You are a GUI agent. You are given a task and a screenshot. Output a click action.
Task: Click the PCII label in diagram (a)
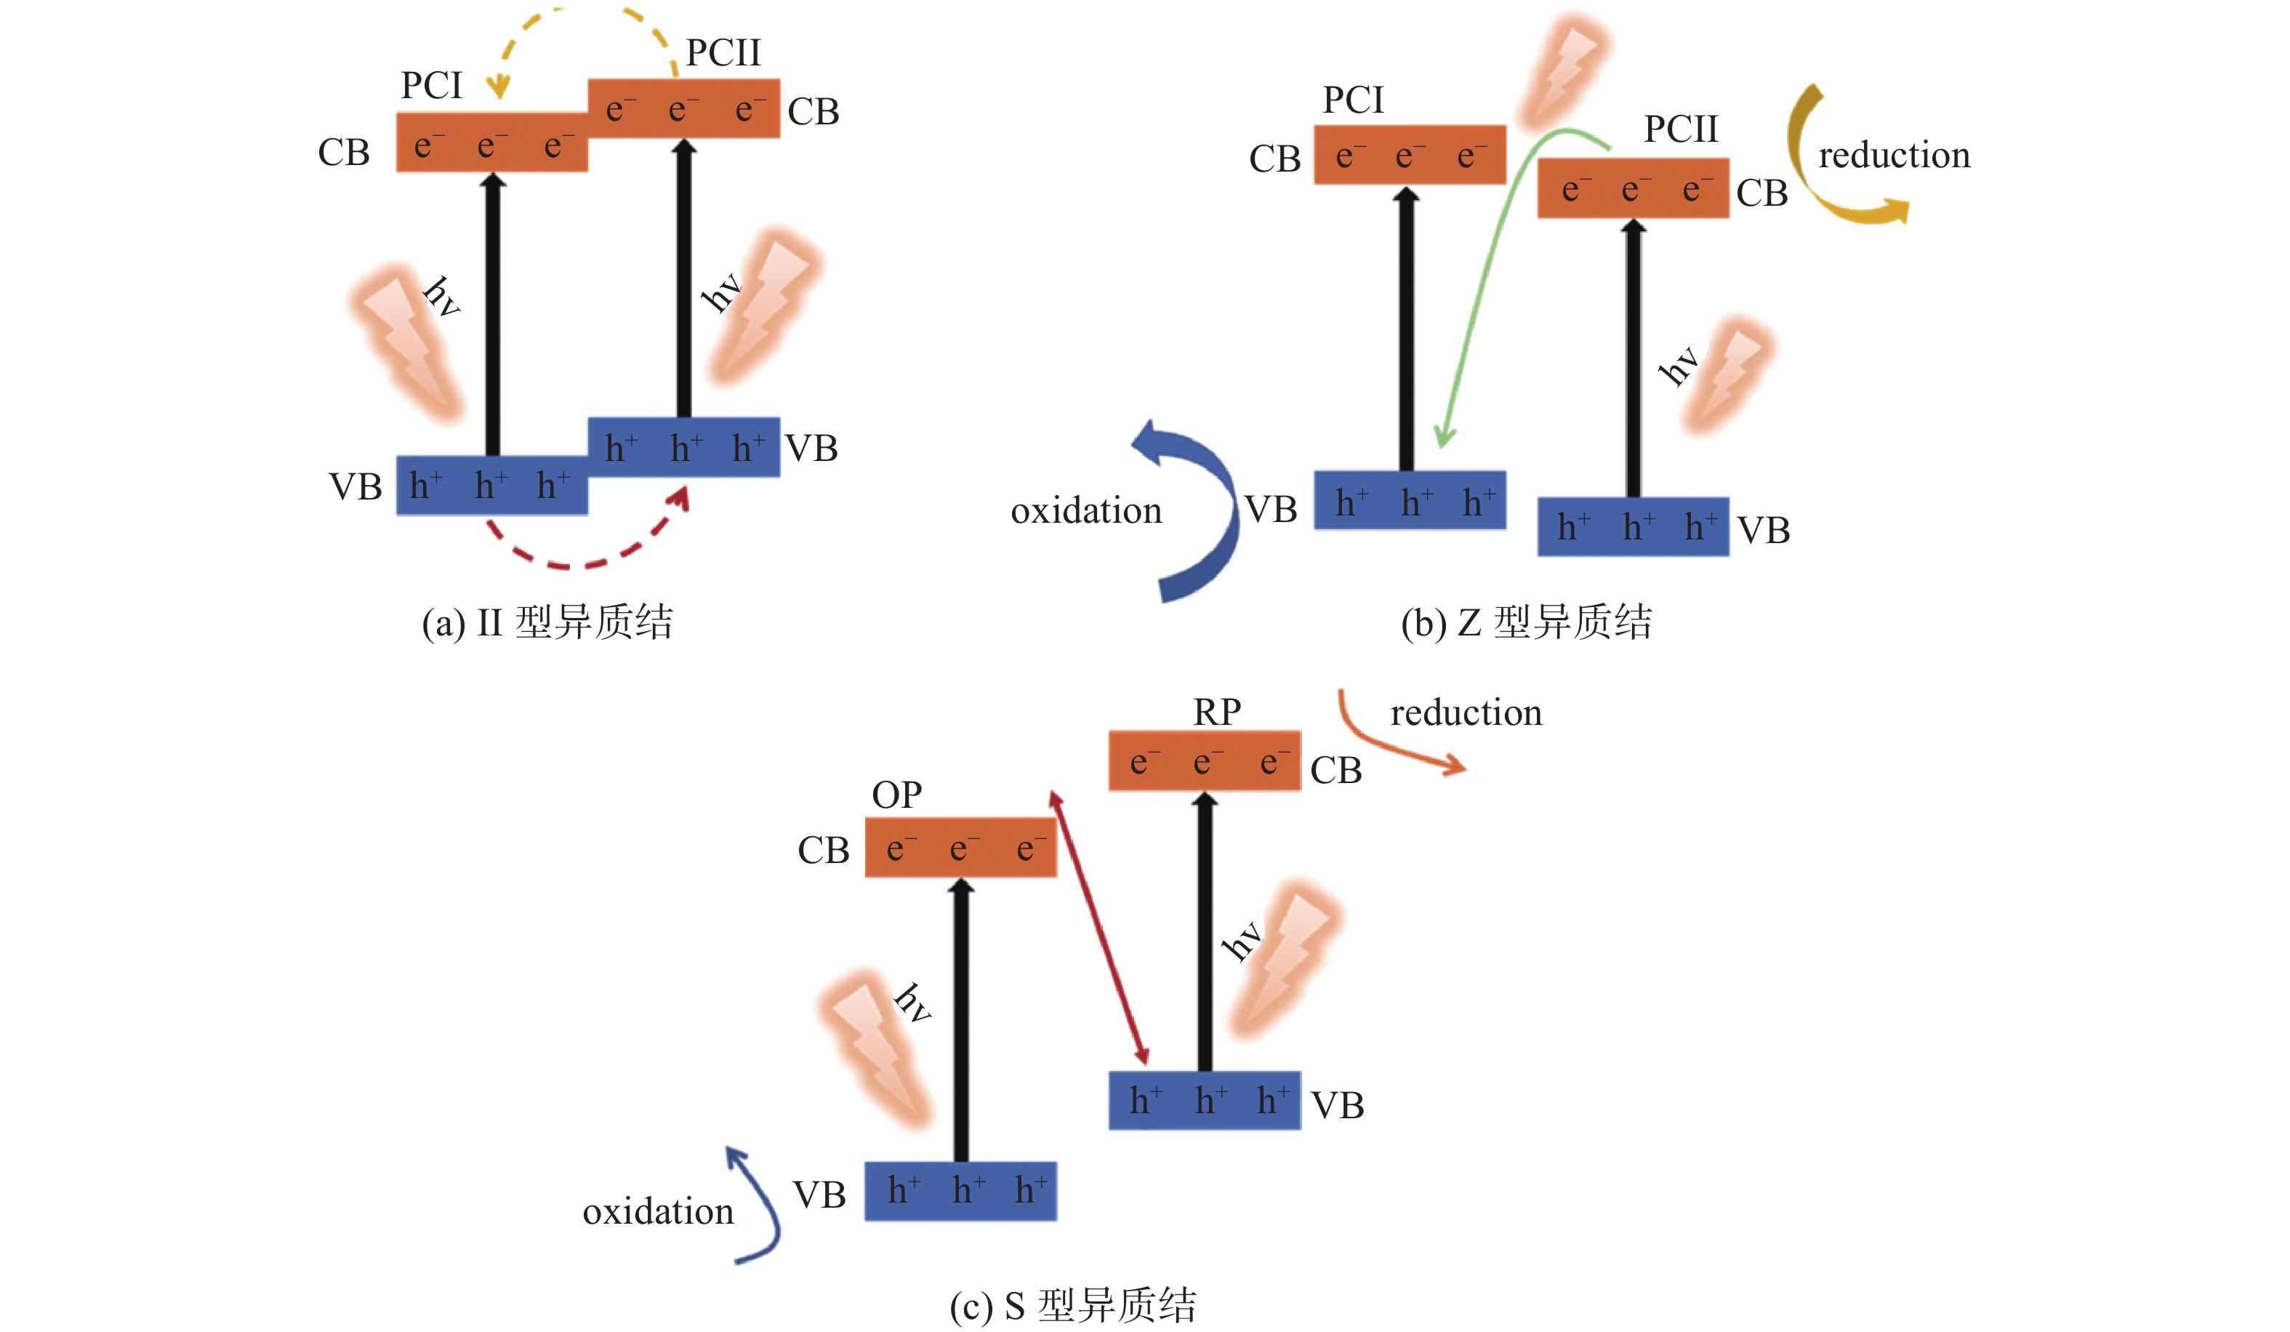click(x=723, y=52)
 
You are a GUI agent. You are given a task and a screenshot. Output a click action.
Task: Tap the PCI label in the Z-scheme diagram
click(x=1353, y=100)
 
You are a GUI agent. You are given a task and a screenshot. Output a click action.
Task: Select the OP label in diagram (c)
click(x=897, y=795)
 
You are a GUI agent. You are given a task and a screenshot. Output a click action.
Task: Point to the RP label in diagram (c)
click(x=1217, y=711)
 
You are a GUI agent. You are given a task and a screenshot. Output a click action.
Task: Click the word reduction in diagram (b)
click(x=1894, y=156)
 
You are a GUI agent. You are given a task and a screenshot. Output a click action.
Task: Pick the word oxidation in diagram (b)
click(x=1086, y=510)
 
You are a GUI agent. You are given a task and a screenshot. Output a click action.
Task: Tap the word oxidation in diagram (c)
click(x=658, y=1211)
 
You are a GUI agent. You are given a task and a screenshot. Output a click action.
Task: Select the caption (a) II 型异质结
click(x=547, y=622)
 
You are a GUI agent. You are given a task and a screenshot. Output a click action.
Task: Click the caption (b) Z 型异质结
click(x=1527, y=622)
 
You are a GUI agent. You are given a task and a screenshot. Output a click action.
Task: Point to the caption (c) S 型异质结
click(x=1073, y=1306)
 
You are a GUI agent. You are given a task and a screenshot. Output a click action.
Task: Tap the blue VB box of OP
click(x=960, y=1191)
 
